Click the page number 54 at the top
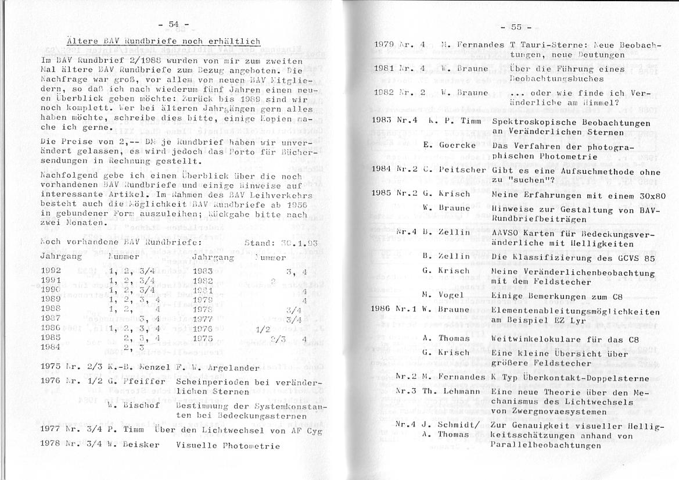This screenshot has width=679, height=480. pos(173,24)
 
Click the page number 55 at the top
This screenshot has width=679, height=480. pos(516,27)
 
